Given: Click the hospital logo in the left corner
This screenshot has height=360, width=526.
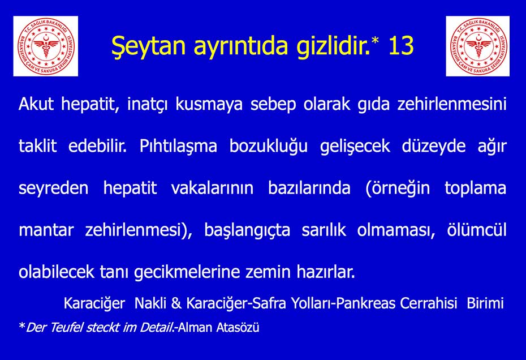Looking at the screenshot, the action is (46, 46).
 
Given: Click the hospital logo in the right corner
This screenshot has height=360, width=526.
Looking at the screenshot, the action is (478, 46).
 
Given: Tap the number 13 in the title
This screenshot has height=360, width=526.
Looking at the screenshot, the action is (401, 45).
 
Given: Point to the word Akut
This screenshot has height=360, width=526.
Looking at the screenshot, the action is (36, 104).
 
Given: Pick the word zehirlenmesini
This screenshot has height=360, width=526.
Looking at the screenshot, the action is (452, 104).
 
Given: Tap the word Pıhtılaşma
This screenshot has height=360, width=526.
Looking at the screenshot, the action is (178, 147).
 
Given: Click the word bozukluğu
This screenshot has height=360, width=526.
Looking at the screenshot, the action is (268, 147).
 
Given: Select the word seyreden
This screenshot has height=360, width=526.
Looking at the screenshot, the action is (54, 188).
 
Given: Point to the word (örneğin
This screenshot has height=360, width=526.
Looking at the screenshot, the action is (398, 188).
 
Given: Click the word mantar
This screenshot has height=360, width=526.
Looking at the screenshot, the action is (46, 230).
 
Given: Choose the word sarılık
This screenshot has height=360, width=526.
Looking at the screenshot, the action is (324, 230).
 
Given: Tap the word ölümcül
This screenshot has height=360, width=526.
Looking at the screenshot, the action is (477, 230).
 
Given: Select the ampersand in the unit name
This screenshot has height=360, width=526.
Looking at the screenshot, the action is (176, 303).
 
